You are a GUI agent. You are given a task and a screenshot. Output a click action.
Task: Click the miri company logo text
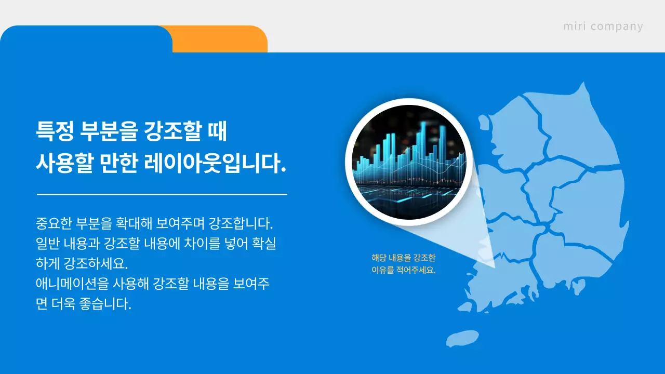(x=603, y=26)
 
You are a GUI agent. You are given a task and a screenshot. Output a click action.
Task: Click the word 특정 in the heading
(x=54, y=131)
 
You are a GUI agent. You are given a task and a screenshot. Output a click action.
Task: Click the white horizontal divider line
(x=162, y=194)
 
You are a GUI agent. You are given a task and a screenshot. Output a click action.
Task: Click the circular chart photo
(x=409, y=162)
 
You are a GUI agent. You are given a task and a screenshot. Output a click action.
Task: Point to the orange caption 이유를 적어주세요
(x=403, y=270)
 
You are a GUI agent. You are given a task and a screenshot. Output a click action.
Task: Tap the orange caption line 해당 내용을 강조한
(x=403, y=258)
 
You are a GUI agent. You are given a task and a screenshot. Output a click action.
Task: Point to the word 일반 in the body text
(x=48, y=244)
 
